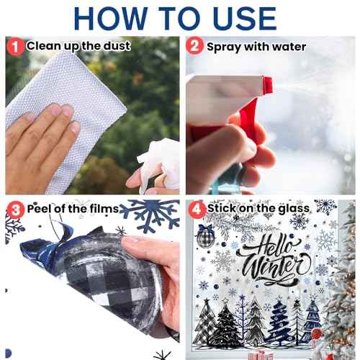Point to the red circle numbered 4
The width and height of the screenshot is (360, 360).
tap(196, 209)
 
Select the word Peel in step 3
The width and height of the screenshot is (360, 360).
tap(40, 209)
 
